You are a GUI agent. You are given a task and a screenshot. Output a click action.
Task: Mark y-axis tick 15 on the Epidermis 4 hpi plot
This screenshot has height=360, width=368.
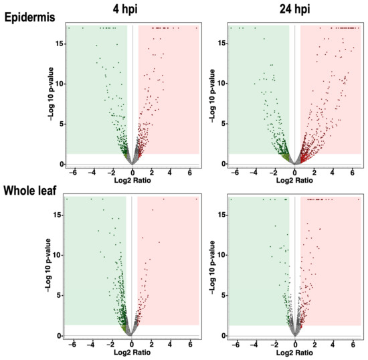pyautogui.click(x=59, y=43)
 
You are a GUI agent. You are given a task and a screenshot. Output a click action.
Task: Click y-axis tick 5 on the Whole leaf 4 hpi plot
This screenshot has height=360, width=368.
pyautogui.click(x=60, y=295)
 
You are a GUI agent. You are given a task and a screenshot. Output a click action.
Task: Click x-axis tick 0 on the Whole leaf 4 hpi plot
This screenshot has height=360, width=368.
pyautogui.click(x=132, y=345)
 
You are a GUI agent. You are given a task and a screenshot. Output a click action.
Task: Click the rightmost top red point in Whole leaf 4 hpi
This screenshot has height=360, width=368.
pyautogui.click(x=196, y=199)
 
